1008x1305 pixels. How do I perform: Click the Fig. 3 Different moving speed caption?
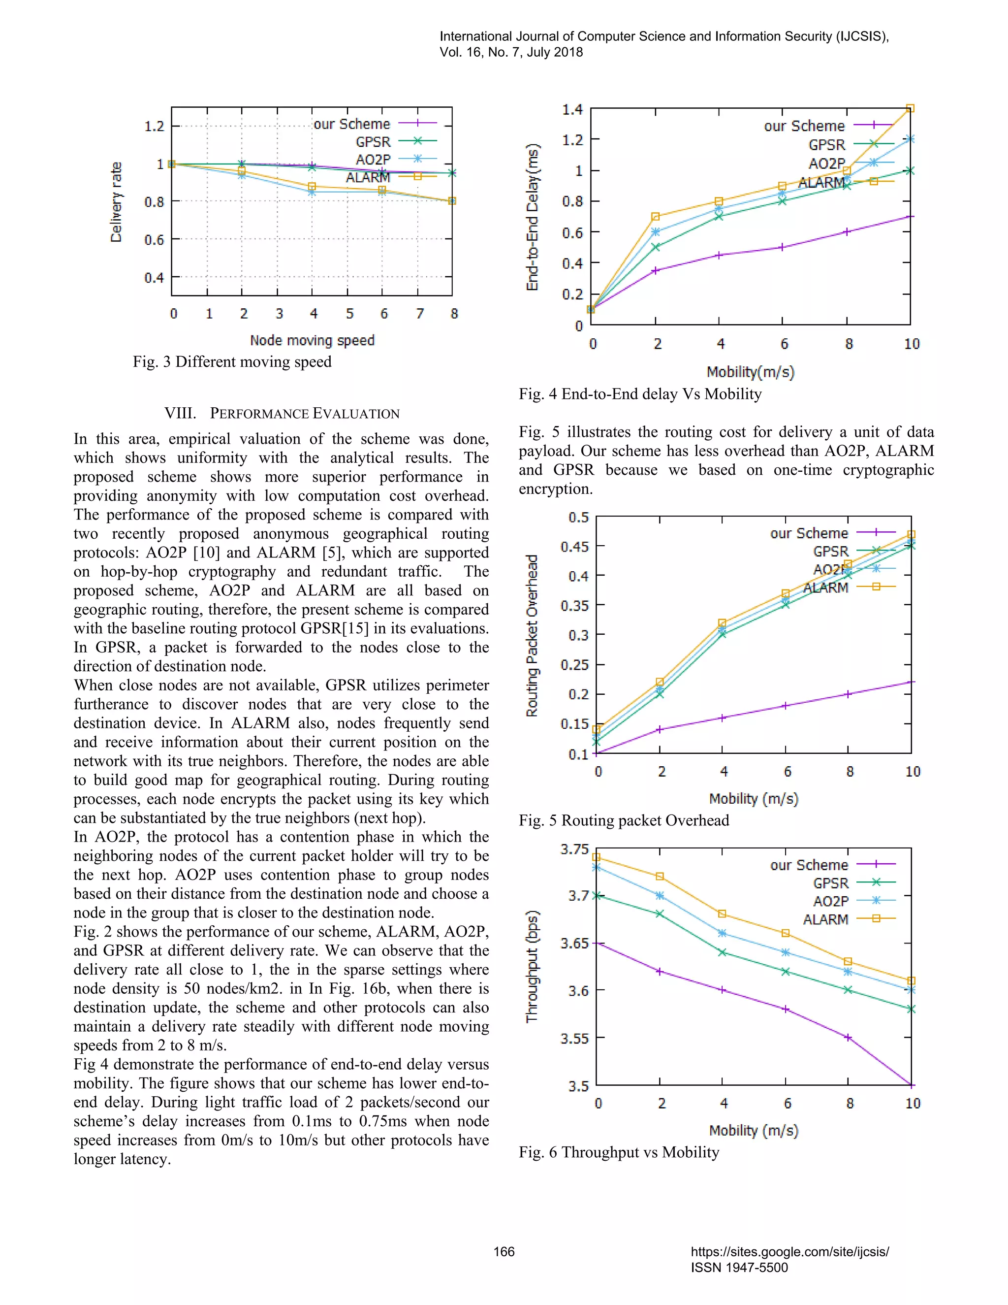232,362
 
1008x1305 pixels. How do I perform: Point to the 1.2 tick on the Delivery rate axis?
154,126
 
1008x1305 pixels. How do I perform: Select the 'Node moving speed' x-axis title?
312,341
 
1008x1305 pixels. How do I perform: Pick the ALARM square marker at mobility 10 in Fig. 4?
910,109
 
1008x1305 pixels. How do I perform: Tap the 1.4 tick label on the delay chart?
572,109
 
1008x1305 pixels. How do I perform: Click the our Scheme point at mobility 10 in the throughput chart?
911,1084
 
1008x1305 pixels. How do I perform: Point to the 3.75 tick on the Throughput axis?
574,849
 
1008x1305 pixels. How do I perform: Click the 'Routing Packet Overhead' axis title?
532,636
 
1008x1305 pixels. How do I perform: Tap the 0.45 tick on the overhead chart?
574,547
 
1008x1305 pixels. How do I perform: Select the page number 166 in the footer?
504,1252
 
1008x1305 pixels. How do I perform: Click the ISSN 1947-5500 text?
739,1268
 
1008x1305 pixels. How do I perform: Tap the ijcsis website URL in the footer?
789,1252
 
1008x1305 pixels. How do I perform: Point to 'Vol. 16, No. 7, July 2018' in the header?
511,52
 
